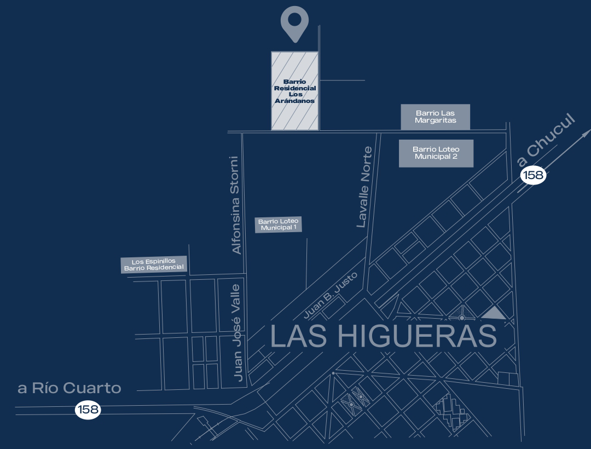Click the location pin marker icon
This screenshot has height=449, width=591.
point(294,22)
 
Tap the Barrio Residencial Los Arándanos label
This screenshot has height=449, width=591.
point(295,91)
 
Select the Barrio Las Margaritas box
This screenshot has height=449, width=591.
point(435,117)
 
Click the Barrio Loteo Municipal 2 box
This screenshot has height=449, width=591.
point(436,153)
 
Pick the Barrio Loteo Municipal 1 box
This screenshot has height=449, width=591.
point(278,225)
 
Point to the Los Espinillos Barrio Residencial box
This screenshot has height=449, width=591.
point(153,264)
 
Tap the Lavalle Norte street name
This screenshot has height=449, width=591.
point(364,187)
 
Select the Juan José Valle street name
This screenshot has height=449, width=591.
point(237,332)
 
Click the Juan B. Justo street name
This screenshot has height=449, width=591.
point(331,295)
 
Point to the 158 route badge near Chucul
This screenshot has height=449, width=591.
point(532,175)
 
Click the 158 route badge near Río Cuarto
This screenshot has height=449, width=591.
point(88,409)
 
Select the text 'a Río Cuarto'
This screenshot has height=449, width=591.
point(69,388)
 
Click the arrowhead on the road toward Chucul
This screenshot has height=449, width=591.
point(586,133)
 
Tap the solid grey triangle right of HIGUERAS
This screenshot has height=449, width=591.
point(494,313)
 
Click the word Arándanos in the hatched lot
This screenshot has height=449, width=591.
point(295,101)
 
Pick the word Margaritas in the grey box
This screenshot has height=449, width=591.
point(435,120)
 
